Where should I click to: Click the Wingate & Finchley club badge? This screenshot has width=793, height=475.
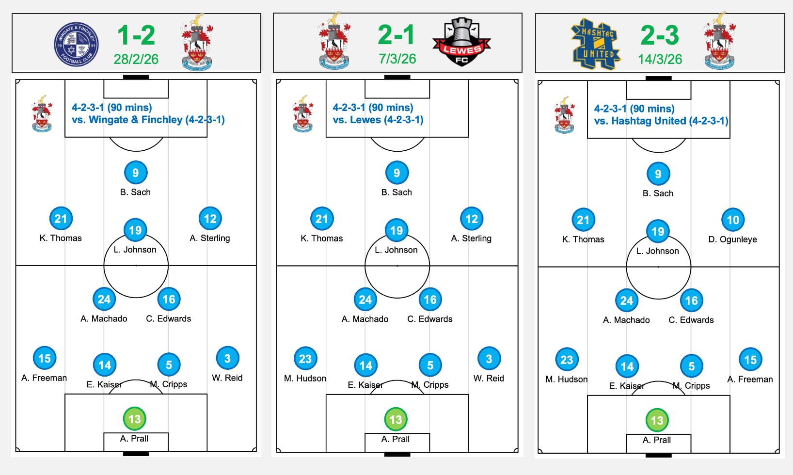pyautogui.click(x=76, y=44)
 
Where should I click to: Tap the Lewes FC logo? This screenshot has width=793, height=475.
pyautogui.click(x=461, y=42)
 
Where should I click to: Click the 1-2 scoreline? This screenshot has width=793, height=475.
pyautogui.click(x=136, y=35)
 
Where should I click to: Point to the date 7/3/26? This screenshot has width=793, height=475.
pyautogui.click(x=397, y=59)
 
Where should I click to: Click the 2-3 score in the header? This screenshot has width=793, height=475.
pyautogui.click(x=660, y=35)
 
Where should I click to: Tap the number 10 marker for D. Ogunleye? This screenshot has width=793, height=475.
pyautogui.click(x=732, y=220)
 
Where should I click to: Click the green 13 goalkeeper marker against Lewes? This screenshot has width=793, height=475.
pyautogui.click(x=396, y=420)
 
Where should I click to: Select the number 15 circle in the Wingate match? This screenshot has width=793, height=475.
pyautogui.click(x=45, y=359)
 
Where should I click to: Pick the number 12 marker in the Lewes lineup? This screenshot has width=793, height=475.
pyautogui.click(x=472, y=219)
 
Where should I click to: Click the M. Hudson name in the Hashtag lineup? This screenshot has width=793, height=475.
pyautogui.click(x=566, y=379)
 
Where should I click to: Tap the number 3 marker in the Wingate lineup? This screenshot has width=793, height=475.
pyautogui.click(x=227, y=359)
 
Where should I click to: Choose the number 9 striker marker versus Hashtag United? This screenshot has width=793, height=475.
pyautogui.click(x=658, y=174)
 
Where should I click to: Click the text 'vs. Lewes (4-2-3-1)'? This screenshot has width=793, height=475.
pyautogui.click(x=378, y=120)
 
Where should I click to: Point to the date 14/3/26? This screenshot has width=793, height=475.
pyautogui.click(x=660, y=59)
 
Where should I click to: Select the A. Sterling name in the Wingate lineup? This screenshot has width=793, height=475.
pyautogui.click(x=210, y=238)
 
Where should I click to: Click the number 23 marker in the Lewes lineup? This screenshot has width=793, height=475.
pyautogui.click(x=305, y=359)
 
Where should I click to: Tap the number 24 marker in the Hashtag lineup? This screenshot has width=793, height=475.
pyautogui.click(x=627, y=301)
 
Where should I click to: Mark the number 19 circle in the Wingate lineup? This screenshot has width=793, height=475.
pyautogui.click(x=135, y=230)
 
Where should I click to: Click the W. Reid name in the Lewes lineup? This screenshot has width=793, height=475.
pyautogui.click(x=489, y=378)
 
